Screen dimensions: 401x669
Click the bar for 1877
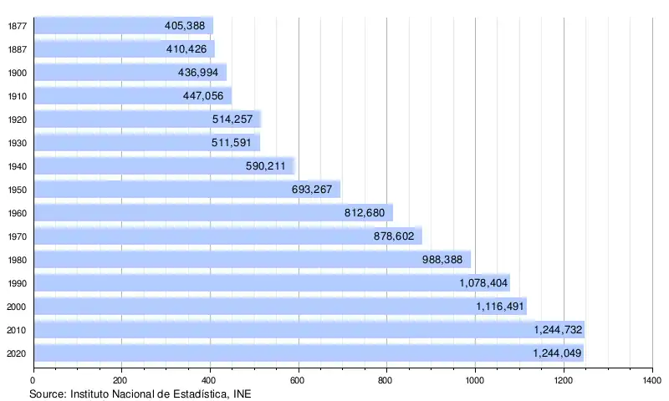coord(123,26)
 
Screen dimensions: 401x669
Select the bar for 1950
coord(186,190)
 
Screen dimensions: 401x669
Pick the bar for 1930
coord(146,143)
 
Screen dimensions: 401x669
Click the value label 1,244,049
coord(557,353)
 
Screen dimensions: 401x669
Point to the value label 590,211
coord(265,166)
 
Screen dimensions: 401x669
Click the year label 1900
coord(17,73)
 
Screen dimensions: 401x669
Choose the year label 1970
coord(17,236)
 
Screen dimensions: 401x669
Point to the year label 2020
coord(17,353)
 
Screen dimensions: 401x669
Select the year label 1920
coord(17,119)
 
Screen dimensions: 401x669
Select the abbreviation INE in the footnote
coord(241,393)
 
